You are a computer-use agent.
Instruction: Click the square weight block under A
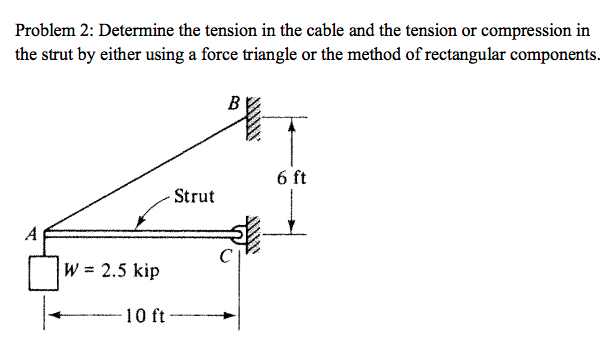click(40, 272)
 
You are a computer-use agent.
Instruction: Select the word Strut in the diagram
click(193, 196)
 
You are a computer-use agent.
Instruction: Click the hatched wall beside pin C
click(254, 236)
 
